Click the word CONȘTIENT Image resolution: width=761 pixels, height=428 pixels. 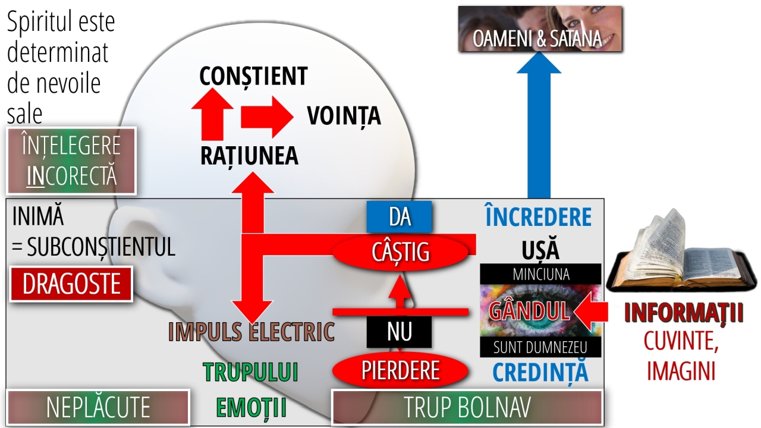coord(253,77)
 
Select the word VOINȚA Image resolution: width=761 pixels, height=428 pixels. coord(344,115)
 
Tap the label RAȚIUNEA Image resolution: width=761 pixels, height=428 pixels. coord(249,156)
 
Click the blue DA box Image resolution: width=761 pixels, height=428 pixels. coord(400,217)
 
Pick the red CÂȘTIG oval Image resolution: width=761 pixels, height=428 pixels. coord(400,252)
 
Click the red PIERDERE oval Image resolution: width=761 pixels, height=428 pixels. coord(400,370)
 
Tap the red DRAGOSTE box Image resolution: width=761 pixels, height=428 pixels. coord(71,284)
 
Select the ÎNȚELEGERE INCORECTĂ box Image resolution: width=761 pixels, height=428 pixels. coord(71,160)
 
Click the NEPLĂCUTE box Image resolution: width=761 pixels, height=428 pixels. coord(98,408)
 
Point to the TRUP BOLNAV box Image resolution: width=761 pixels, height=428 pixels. coord(467,408)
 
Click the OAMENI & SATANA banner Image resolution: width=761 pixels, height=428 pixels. coord(540,29)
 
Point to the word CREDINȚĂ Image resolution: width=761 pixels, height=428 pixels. coord(540,372)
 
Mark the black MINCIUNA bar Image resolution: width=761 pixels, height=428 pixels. coord(540,274)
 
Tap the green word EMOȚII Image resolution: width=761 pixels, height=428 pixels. coord(251,408)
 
